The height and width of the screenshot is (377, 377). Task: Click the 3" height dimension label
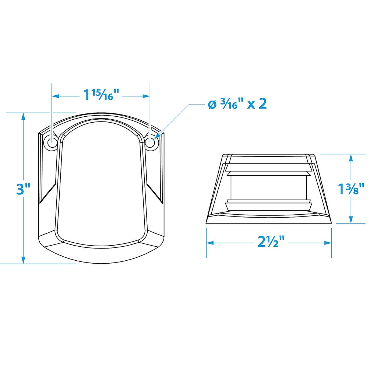(x=23, y=189)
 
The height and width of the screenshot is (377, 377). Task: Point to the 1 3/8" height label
(x=351, y=188)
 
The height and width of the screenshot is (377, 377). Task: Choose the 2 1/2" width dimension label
(x=271, y=242)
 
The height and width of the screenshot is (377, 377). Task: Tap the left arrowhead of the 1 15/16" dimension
(x=55, y=96)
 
